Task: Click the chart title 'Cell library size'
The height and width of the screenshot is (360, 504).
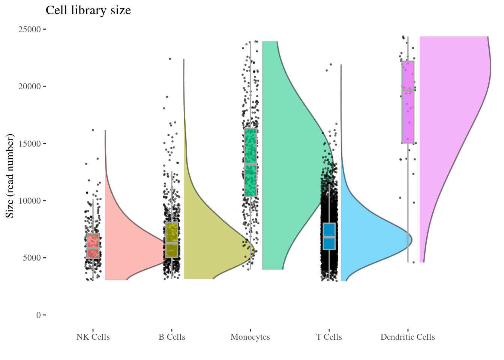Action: [x=88, y=10]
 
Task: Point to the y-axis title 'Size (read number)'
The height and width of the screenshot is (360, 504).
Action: [x=10, y=175]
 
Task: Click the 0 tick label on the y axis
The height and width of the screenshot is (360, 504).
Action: [x=39, y=315]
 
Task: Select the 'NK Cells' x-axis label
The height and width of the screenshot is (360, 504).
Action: [x=93, y=337]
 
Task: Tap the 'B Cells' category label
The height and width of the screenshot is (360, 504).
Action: [x=172, y=337]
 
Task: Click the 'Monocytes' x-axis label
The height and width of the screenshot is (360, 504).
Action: [x=250, y=337]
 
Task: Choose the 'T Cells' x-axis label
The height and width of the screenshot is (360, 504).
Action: [x=329, y=337]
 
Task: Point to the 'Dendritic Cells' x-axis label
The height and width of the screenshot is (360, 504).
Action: [x=408, y=337]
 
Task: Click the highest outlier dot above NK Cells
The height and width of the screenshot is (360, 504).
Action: [x=93, y=130]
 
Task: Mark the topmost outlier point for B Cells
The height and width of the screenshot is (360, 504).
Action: [x=170, y=59]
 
